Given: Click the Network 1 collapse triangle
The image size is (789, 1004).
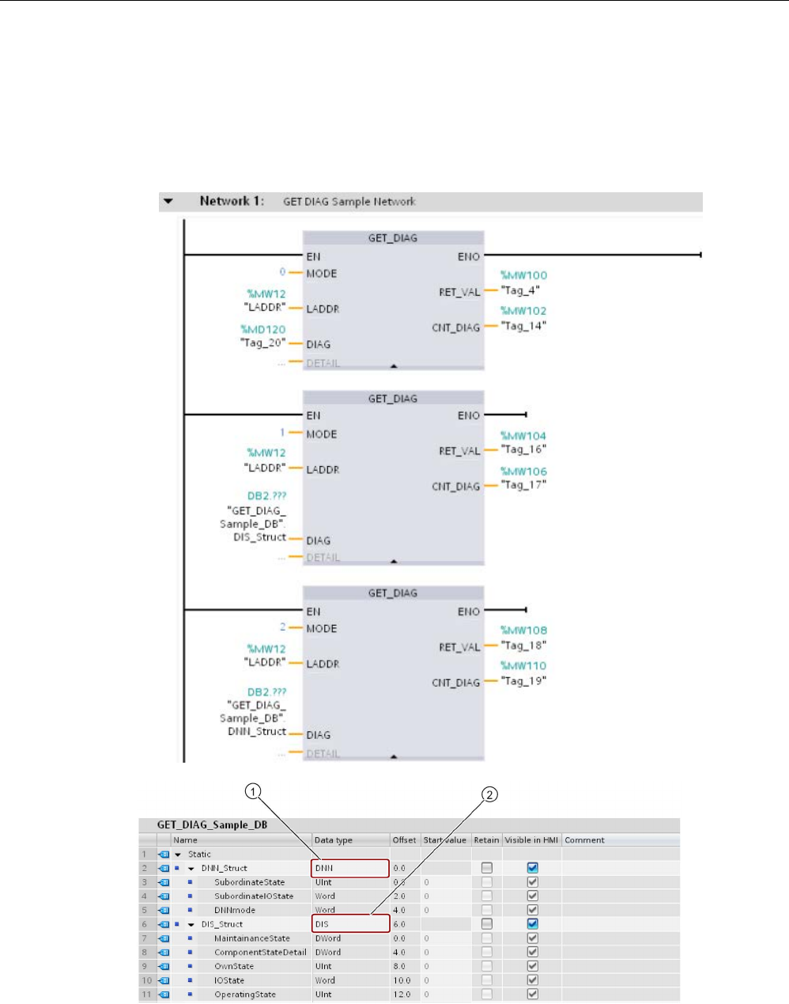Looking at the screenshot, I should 168,201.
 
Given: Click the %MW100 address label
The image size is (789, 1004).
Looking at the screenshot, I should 523,275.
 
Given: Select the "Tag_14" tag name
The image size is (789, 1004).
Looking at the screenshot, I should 523,326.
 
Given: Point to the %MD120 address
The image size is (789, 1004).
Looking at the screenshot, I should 263,329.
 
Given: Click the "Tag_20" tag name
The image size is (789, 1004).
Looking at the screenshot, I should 262,343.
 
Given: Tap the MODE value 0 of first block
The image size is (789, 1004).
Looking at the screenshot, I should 282,272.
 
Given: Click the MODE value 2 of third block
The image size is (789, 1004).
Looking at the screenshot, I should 282,627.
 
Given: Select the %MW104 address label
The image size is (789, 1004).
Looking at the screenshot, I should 523,436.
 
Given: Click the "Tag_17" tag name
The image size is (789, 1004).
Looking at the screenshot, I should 523,485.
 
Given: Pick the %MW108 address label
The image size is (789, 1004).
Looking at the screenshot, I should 523,631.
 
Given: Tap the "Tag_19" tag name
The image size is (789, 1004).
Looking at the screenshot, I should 523,681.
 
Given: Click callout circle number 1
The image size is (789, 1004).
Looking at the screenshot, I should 252,791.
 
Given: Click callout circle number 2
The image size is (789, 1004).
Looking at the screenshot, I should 490,794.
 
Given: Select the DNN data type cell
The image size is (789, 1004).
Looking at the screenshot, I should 350,868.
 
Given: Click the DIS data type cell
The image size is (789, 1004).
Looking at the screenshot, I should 350,924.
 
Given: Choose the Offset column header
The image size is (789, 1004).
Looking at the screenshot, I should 404,840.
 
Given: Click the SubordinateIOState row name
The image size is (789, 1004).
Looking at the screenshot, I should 254,896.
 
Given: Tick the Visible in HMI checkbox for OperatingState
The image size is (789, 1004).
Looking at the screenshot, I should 533,995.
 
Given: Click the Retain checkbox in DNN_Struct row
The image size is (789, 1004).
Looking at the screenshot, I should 486,868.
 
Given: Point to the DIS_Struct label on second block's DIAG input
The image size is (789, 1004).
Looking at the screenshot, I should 259,537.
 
